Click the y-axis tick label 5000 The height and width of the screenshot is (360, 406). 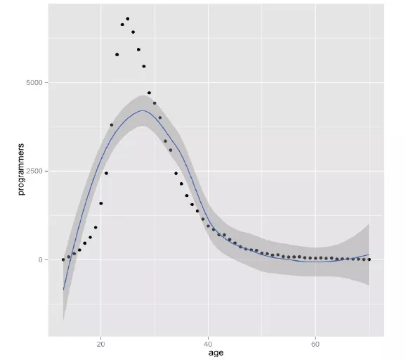click(34, 83)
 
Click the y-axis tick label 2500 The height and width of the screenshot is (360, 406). click(34, 172)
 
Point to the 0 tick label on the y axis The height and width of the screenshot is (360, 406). click(40, 259)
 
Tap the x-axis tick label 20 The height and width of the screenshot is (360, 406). click(100, 345)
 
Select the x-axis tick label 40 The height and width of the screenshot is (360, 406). click(208, 345)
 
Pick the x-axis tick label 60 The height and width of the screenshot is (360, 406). click(315, 345)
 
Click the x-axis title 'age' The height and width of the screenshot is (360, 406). click(216, 353)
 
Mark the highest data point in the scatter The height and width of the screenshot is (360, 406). click(128, 19)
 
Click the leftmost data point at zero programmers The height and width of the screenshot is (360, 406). click(63, 259)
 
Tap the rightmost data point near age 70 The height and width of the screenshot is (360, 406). click(369, 259)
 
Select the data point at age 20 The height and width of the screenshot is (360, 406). click(101, 203)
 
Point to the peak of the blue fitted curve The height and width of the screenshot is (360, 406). click(143, 110)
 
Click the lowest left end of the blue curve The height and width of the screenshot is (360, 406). click(63, 290)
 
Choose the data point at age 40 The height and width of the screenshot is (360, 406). click(208, 226)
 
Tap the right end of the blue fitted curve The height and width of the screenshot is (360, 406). click(369, 255)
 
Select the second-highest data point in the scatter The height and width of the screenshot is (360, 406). click(122, 25)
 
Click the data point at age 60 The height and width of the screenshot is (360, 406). click(315, 258)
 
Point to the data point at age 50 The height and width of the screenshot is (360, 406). click(262, 253)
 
